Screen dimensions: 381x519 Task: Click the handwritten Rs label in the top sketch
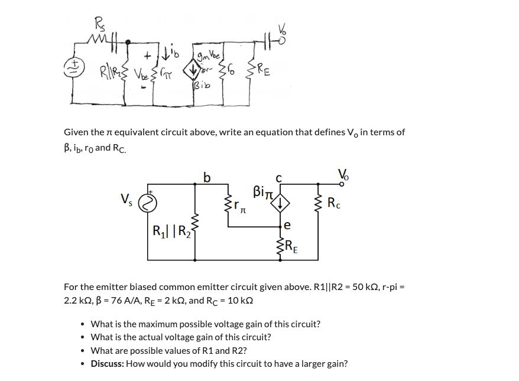tap(99, 25)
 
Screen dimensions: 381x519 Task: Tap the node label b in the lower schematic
tap(206, 177)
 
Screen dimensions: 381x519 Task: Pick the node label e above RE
tap(287, 225)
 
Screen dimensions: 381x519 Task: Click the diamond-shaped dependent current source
tap(281, 203)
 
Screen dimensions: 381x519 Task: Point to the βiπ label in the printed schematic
tap(262, 191)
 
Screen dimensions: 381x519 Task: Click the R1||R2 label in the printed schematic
tap(168, 230)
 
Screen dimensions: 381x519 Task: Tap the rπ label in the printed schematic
tap(239, 206)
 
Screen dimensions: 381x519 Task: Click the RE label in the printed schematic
tap(292, 246)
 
